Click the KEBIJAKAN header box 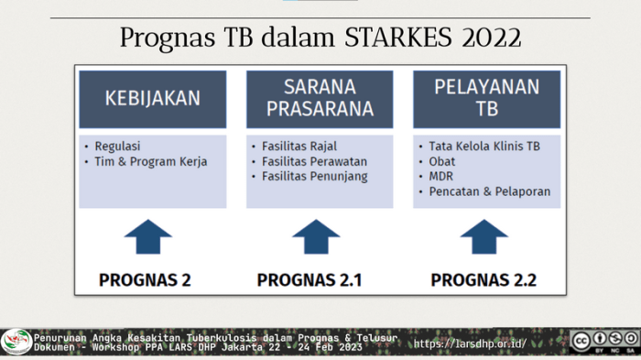pos(152,99)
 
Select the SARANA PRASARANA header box pos(320,99)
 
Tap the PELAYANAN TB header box pos(486,99)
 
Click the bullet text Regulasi pos(117,146)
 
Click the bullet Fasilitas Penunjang pos(308,176)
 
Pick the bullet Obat pos(441,161)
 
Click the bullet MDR pos(440,176)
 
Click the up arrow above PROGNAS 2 pos(148,238)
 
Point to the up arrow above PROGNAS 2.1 pos(316,238)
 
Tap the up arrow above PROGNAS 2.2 pos(483,238)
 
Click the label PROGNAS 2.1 pos(310,279)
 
